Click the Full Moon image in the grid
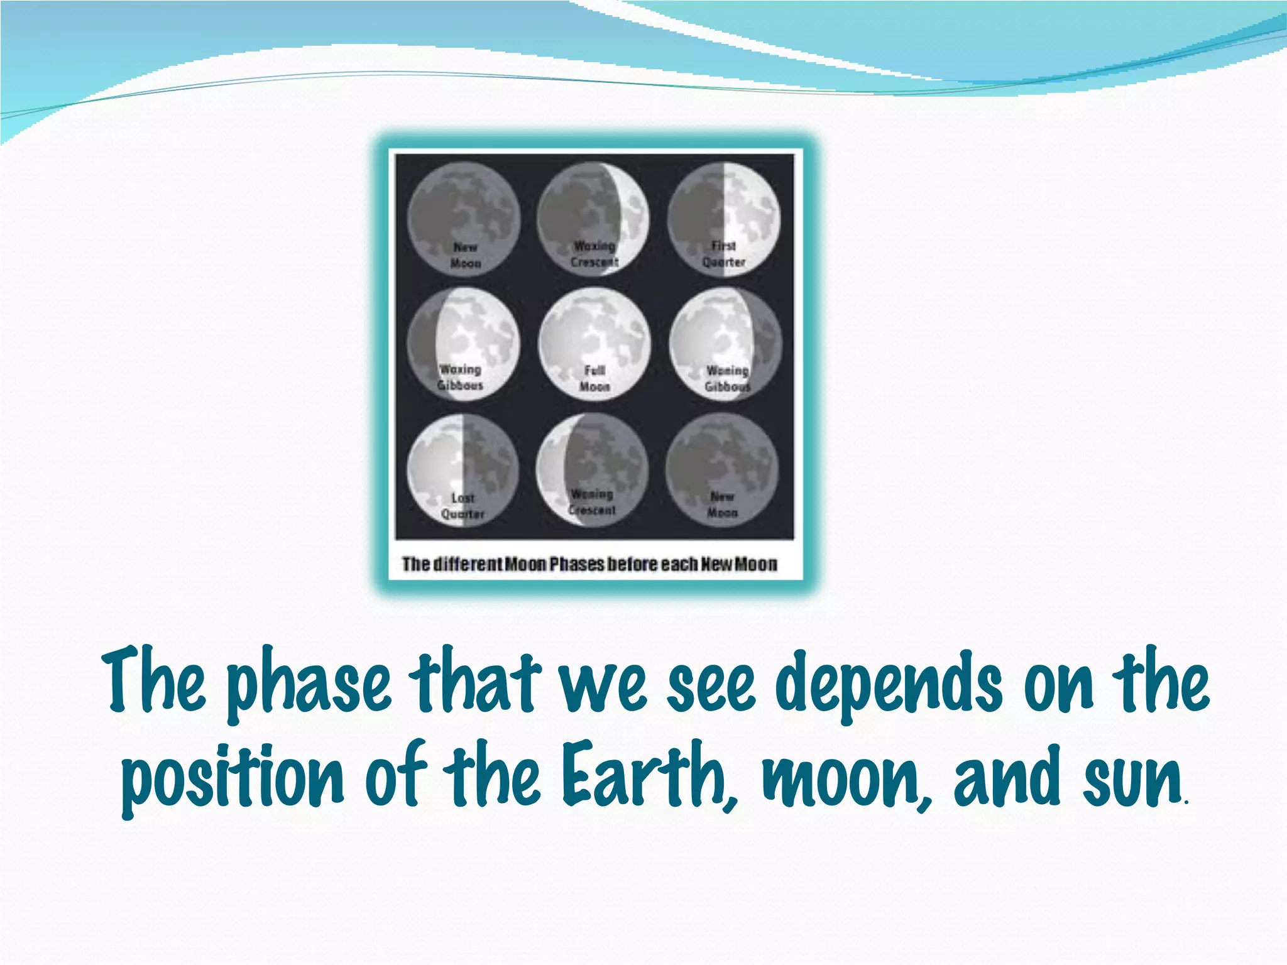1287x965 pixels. click(x=594, y=344)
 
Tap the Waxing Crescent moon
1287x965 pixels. click(x=593, y=219)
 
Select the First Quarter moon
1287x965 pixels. click(x=724, y=219)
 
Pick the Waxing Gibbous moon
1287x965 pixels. click(x=463, y=344)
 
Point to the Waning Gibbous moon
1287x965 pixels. click(x=725, y=344)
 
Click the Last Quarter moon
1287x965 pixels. click(x=463, y=469)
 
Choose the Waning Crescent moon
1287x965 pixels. click(x=592, y=469)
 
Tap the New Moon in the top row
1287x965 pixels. click(x=463, y=219)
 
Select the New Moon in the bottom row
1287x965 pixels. click(x=722, y=469)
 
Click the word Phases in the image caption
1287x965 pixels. click(x=577, y=564)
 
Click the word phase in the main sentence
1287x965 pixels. click(x=308, y=686)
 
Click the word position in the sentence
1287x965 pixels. click(x=233, y=779)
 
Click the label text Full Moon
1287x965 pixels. click(x=594, y=378)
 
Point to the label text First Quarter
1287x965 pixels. click(x=724, y=254)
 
